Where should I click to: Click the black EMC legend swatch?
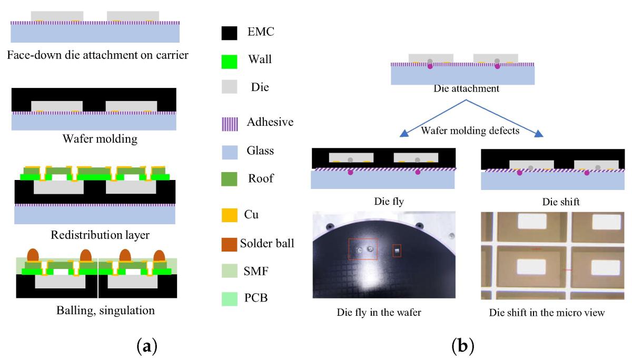point(229,33)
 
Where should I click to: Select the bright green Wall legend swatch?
point(229,62)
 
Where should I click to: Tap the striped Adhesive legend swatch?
point(230,124)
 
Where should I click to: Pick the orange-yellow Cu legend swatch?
point(230,215)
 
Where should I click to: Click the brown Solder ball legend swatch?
point(229,244)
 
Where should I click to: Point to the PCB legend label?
point(256,298)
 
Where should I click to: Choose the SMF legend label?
point(256,271)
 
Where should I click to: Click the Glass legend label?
point(260,151)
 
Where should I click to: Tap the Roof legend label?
point(261,178)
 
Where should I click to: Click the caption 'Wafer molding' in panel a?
point(100,139)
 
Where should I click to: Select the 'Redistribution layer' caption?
point(100,235)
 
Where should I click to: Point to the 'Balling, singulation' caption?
point(105,311)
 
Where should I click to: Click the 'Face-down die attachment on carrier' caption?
point(97,55)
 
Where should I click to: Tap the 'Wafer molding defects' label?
point(470,131)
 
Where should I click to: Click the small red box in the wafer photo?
point(397,251)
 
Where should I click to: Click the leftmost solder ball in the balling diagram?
point(33,255)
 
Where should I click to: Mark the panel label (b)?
point(463,345)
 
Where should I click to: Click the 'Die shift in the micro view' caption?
point(547,313)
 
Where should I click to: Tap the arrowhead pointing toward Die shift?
point(539,134)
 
